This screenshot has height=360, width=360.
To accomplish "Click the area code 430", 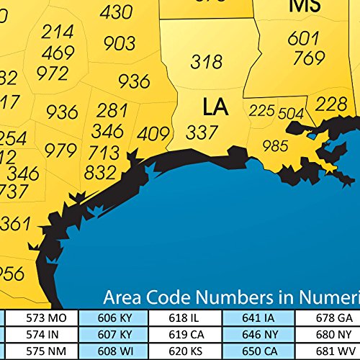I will coord(116,12).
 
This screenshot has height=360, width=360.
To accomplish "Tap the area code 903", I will coord(120,44).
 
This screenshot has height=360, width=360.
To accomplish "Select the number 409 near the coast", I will coord(153,134).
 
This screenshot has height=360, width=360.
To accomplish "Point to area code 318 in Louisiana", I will coord(206,62).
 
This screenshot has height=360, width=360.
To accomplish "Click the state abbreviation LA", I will coord(215,107).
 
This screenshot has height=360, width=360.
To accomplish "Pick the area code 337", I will coord(202,132).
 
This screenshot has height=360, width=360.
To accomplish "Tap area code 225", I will coord(261,111).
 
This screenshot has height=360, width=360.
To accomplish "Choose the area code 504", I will coord(291,114).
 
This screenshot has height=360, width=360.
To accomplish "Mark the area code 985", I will coord(274,146).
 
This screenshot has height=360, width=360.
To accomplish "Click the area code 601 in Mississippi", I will coord(302,38).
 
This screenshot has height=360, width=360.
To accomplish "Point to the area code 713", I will coord(104,152).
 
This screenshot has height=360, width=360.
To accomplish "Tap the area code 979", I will coord(60,150).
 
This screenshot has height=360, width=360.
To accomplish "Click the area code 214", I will coord(57,32).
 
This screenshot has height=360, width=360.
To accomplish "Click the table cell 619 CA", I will coord(187,334).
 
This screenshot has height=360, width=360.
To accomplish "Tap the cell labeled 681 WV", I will coord(334,351).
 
